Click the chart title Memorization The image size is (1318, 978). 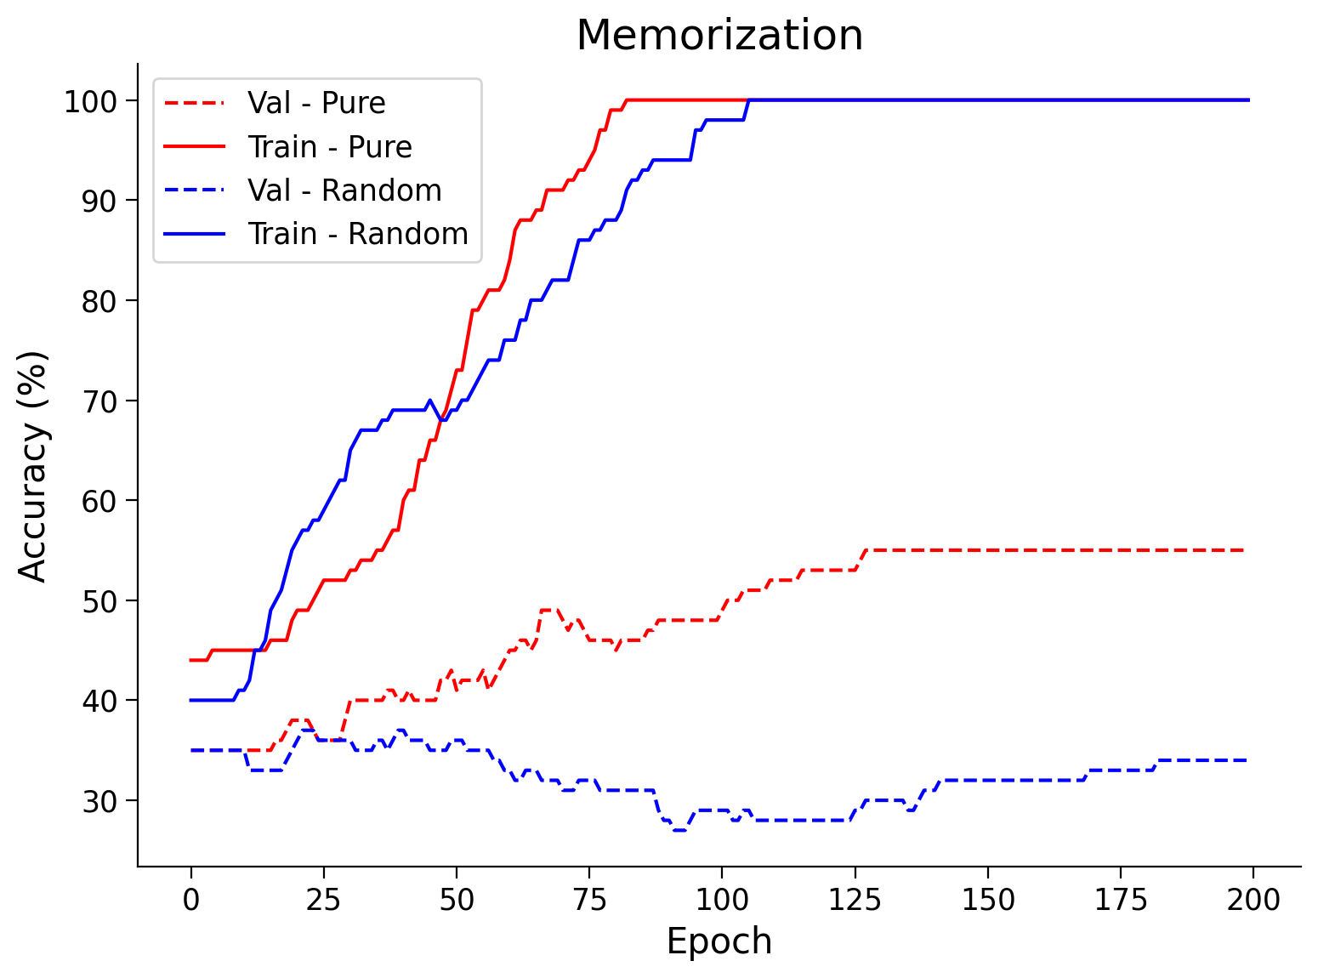719,36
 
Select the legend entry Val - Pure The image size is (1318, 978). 316,103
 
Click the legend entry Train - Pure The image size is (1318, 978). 329,147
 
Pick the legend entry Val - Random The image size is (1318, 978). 344,190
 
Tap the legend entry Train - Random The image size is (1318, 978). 357,234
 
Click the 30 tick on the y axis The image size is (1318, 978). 99,800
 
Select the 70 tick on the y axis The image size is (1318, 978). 99,401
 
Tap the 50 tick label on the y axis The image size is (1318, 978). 99,600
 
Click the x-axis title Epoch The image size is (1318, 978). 719,941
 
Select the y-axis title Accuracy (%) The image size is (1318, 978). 34,465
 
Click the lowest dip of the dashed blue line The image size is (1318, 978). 679,830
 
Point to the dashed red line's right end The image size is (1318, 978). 1247,550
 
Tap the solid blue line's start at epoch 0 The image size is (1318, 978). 191,700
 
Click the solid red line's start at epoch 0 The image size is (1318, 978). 191,660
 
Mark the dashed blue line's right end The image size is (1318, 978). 1247,760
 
